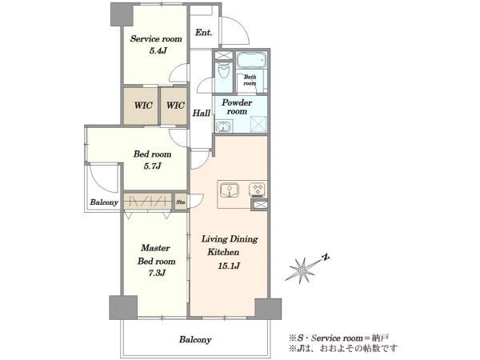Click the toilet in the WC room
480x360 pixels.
click(224, 71)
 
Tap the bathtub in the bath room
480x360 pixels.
click(252, 60)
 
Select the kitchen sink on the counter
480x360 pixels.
click(229, 190)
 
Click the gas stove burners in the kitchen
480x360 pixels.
click(257, 190)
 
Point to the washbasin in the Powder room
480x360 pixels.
click(223, 127)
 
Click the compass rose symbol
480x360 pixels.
click(302, 270)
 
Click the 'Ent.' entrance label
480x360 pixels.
click(203, 33)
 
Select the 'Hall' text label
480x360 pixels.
click(201, 114)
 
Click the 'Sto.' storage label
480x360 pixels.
click(181, 202)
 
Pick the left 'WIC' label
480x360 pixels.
click(143, 106)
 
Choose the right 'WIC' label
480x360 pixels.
click(175, 106)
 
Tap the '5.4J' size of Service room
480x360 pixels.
click(158, 51)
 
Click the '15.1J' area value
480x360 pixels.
click(228, 266)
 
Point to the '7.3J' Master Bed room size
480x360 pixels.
click(157, 273)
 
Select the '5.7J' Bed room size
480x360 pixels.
click(152, 166)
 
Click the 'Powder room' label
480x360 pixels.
click(237, 106)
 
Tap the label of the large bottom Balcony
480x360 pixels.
click(195, 339)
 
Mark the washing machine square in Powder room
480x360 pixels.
click(258, 124)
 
